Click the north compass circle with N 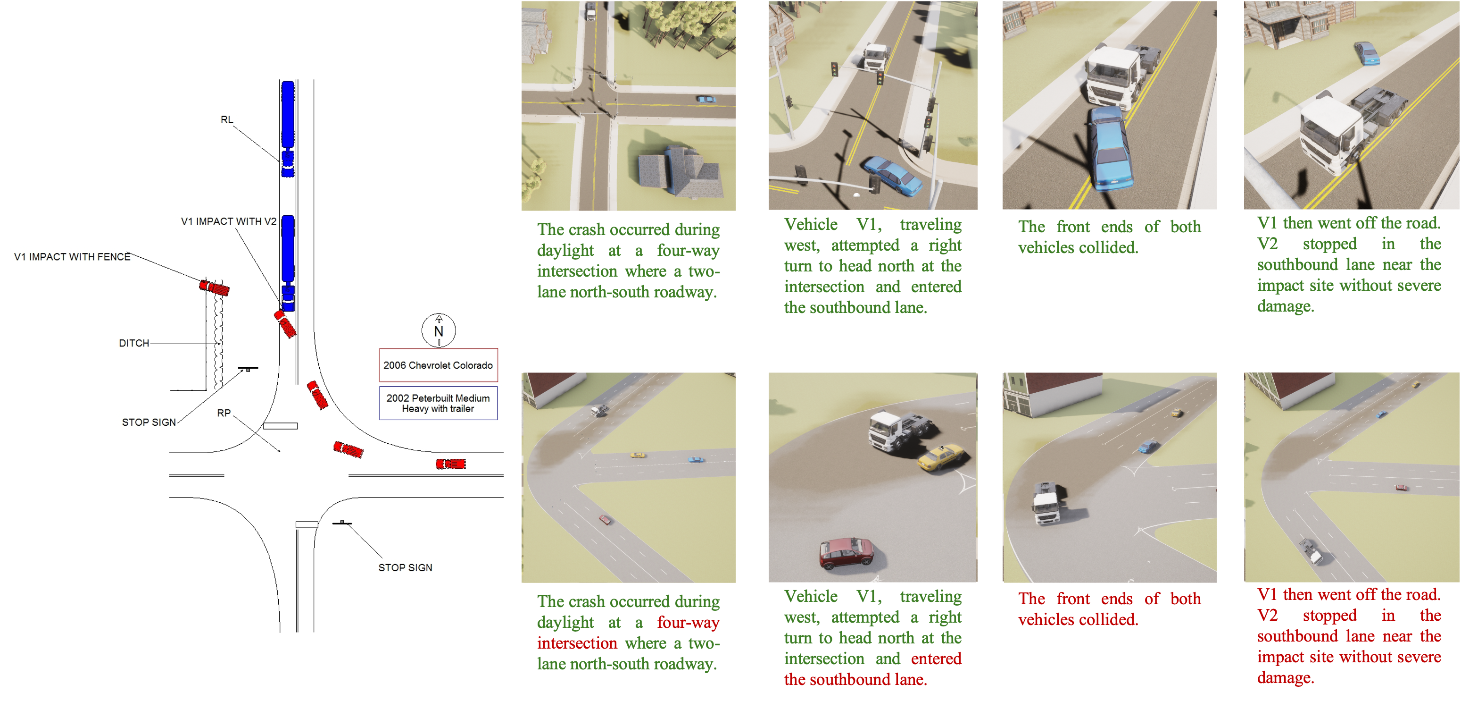coord(439,330)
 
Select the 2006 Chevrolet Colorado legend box coord(439,365)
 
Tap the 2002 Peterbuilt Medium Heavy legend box coord(439,403)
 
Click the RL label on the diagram coord(227,120)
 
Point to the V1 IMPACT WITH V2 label coord(229,221)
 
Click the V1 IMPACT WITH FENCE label coord(72,256)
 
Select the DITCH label coord(134,343)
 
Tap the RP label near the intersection coord(224,413)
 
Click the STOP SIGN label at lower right coord(405,567)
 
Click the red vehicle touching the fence coord(215,288)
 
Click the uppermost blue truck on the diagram coord(288,129)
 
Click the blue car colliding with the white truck coord(1109,149)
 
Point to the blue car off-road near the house coord(1368,53)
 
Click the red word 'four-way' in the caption coord(688,622)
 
